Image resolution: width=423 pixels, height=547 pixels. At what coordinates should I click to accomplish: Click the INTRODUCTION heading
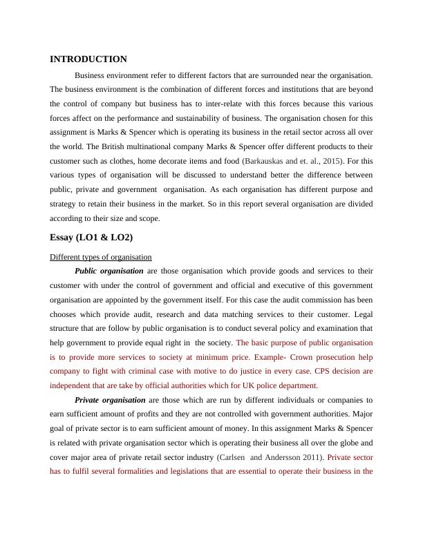coord(88,59)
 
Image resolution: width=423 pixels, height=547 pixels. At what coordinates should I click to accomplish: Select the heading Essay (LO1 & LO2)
coord(91,238)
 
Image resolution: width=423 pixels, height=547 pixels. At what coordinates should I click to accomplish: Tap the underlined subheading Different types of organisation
coord(101,257)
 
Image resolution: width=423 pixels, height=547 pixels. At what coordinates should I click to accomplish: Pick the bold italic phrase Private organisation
coord(110,400)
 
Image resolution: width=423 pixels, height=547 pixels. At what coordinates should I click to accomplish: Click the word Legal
coord(361,314)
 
